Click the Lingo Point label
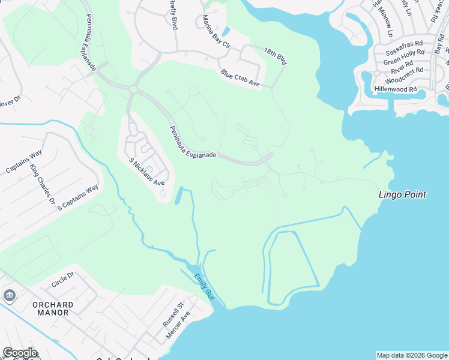pyautogui.click(x=402, y=194)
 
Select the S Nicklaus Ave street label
pyautogui.click(x=147, y=171)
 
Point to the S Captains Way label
pyautogui.click(x=78, y=197)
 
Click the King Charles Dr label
pyautogui.click(x=43, y=183)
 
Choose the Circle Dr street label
pyautogui.click(x=62, y=279)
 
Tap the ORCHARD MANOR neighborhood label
pyautogui.click(x=53, y=308)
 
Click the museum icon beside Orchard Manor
pyautogui.click(x=10, y=295)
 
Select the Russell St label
pyautogui.click(x=171, y=314)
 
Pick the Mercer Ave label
pyautogui.click(x=178, y=325)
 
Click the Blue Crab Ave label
pyautogui.click(x=240, y=79)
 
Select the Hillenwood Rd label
pyautogui.click(x=396, y=89)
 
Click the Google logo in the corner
pyautogui.click(x=20, y=353)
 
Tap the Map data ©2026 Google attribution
pyautogui.click(x=411, y=355)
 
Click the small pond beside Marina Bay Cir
pyautogui.click(x=225, y=31)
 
